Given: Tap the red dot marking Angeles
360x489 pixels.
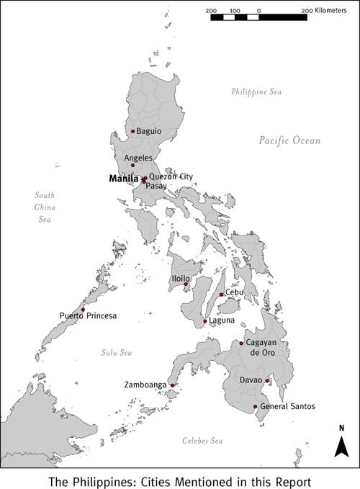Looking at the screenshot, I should pyautogui.click(x=132, y=165).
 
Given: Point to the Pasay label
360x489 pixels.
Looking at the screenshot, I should pyautogui.click(x=156, y=186).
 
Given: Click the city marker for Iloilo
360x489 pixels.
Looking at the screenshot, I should pyautogui.click(x=186, y=284).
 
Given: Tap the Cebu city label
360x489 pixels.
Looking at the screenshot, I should pyautogui.click(x=235, y=292).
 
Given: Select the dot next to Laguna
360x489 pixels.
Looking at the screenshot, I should pyautogui.click(x=205, y=321).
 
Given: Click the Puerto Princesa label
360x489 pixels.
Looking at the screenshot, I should pyautogui.click(x=88, y=315).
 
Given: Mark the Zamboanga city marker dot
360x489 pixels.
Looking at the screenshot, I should pyautogui.click(x=172, y=385).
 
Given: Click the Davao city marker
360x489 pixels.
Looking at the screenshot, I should pyautogui.click(x=267, y=381).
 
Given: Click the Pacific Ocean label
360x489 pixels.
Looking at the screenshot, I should pyautogui.click(x=290, y=141).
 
